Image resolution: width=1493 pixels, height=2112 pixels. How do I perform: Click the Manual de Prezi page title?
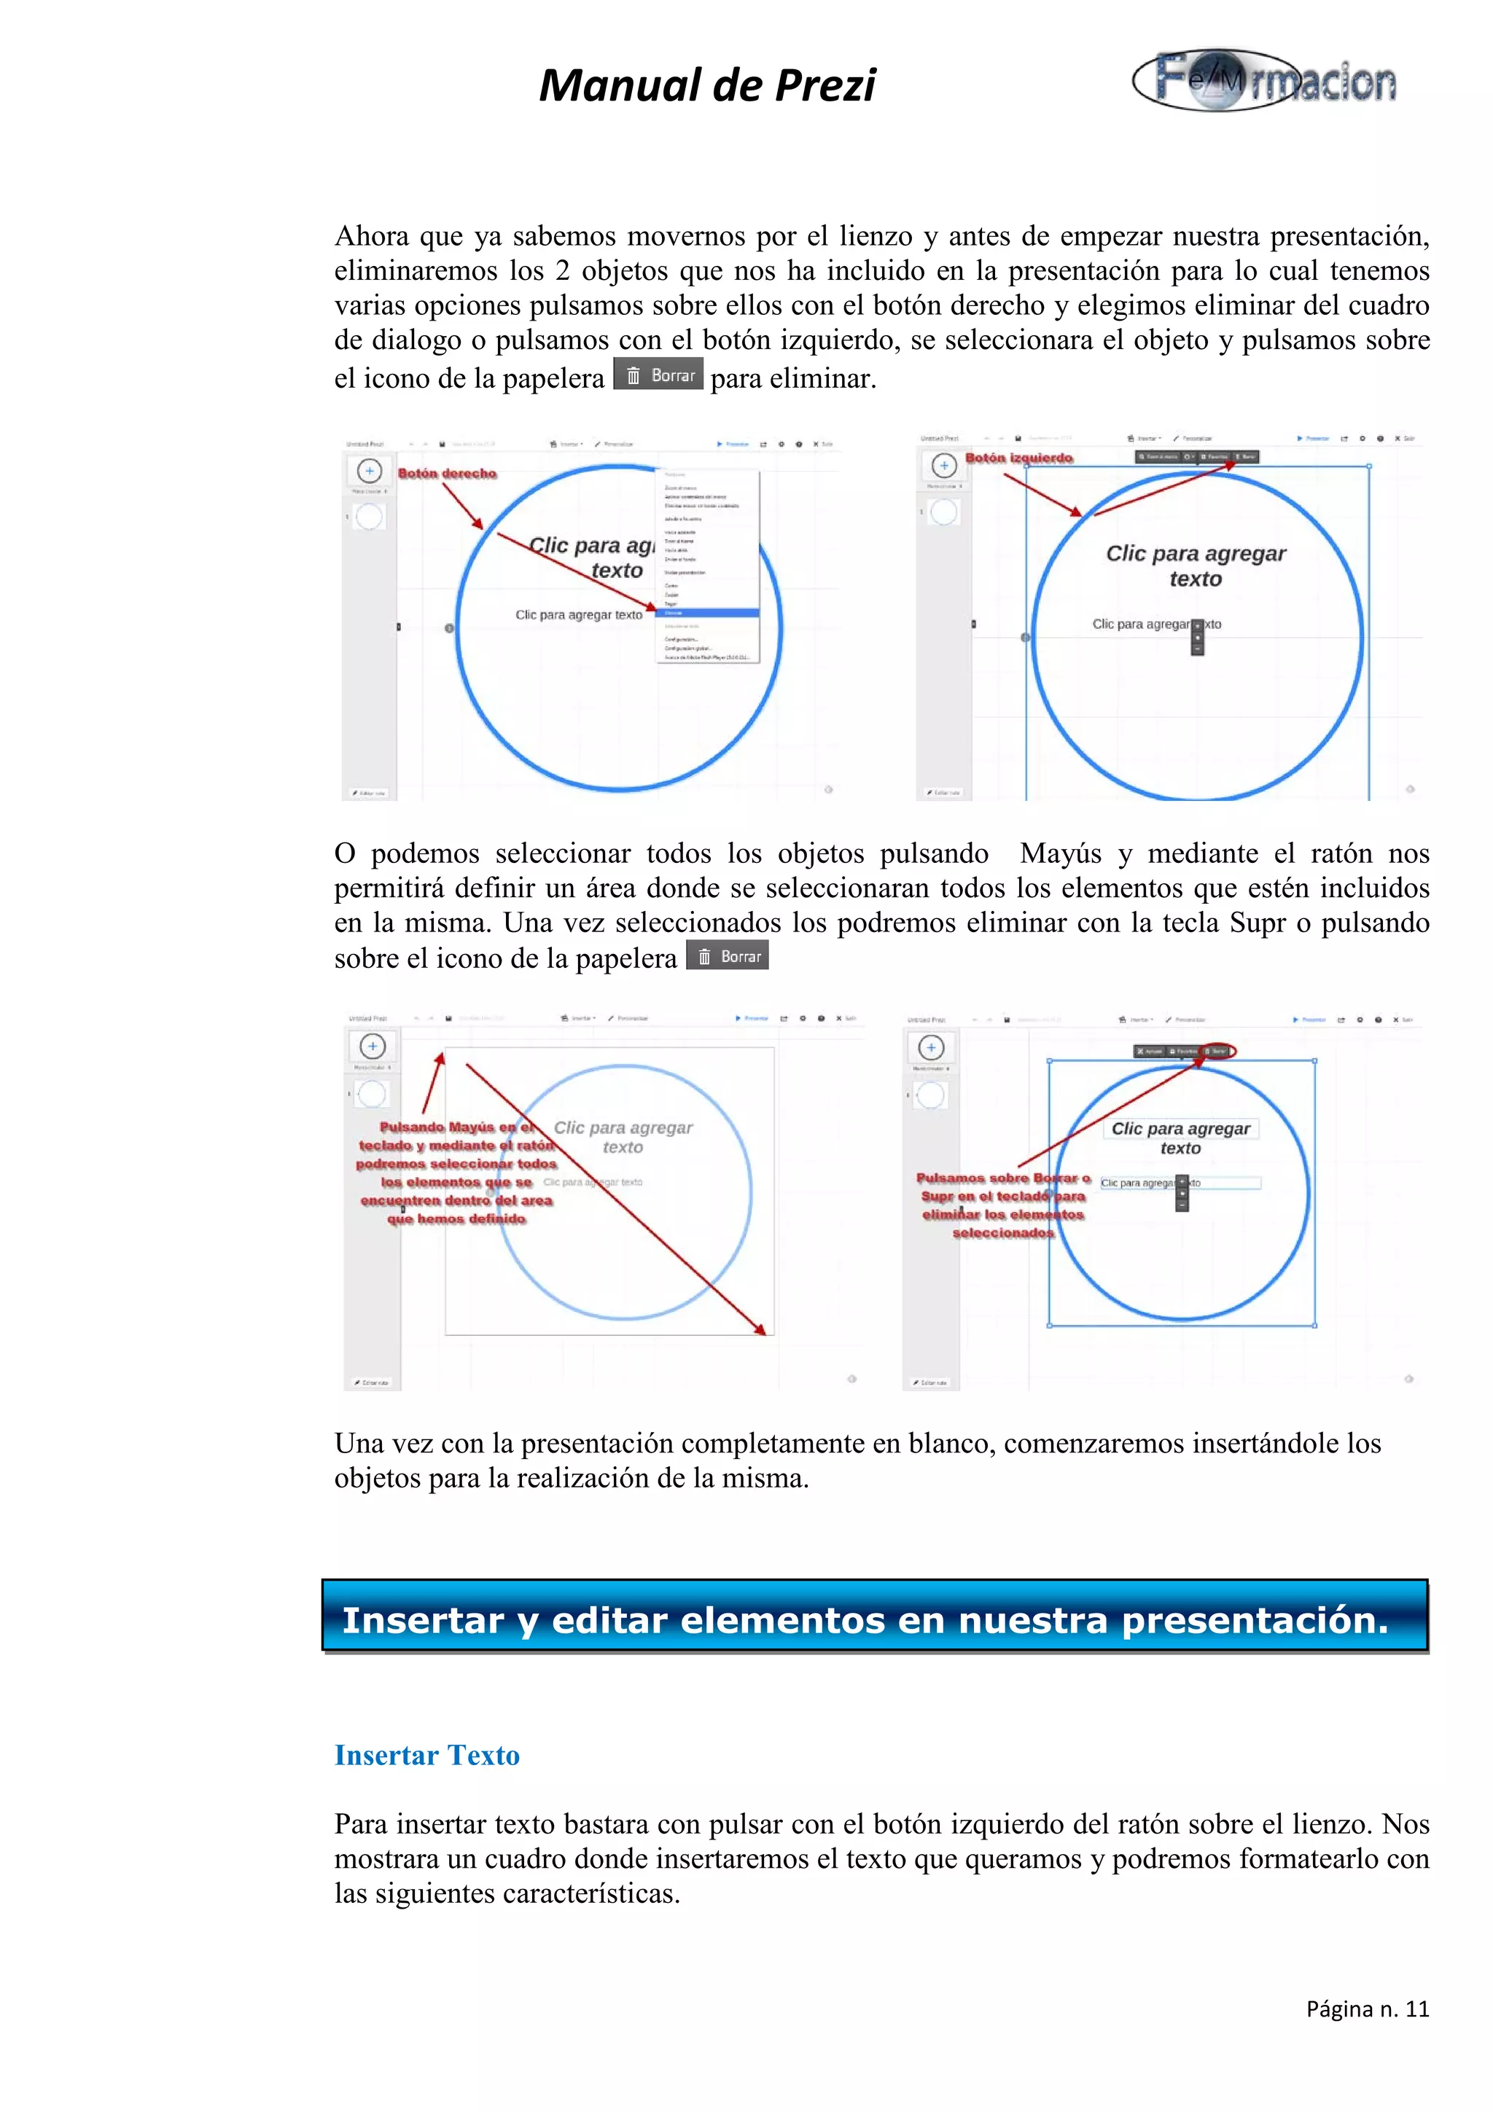click(706, 85)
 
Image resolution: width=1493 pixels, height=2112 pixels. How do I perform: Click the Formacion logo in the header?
click(1264, 81)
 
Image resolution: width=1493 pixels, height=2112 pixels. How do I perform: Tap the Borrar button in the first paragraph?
click(658, 375)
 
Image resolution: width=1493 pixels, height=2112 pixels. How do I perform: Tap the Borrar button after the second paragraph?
click(728, 957)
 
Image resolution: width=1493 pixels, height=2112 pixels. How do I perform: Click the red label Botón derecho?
click(447, 473)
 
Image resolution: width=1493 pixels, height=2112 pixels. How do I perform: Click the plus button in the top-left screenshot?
click(369, 471)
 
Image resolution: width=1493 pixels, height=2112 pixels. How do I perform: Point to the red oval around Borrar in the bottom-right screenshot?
click(1218, 1050)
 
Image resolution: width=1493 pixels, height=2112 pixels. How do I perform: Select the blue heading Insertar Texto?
click(427, 1755)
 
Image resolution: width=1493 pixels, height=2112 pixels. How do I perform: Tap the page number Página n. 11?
click(1367, 2009)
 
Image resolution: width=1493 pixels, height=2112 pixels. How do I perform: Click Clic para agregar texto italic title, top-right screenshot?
click(1195, 566)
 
